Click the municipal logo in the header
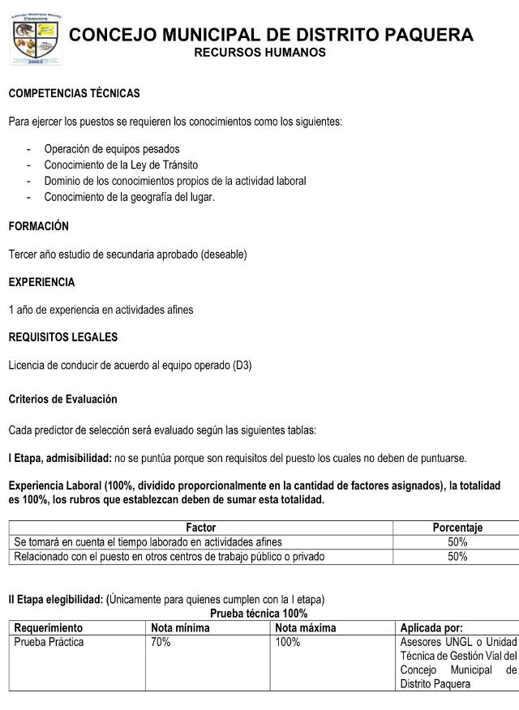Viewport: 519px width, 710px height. [x=35, y=39]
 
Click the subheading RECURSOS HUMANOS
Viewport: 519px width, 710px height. [x=259, y=53]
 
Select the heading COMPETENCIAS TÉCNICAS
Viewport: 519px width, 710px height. [x=74, y=94]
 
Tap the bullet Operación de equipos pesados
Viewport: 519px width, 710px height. [x=112, y=149]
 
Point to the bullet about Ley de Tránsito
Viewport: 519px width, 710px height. [x=122, y=165]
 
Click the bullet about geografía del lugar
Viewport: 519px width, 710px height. [x=130, y=197]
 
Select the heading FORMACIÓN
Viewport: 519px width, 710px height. [x=38, y=227]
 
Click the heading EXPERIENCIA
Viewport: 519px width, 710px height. [x=41, y=283]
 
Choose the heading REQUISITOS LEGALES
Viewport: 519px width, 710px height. [x=62, y=337]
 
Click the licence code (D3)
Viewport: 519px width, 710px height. [x=242, y=366]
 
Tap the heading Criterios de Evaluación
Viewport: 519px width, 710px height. [x=62, y=400]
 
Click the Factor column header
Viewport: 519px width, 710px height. [x=200, y=528]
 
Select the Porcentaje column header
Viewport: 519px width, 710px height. [x=457, y=528]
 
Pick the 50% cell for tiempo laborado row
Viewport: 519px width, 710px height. [x=457, y=541]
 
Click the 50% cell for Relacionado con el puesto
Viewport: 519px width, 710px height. [x=457, y=556]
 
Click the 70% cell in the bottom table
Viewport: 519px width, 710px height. [x=161, y=642]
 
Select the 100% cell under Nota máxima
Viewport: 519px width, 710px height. [x=288, y=642]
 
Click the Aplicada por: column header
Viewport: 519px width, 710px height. [x=431, y=627]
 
